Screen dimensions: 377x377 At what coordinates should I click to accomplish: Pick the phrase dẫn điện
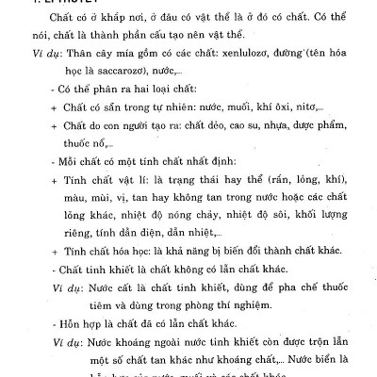click(139, 242)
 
